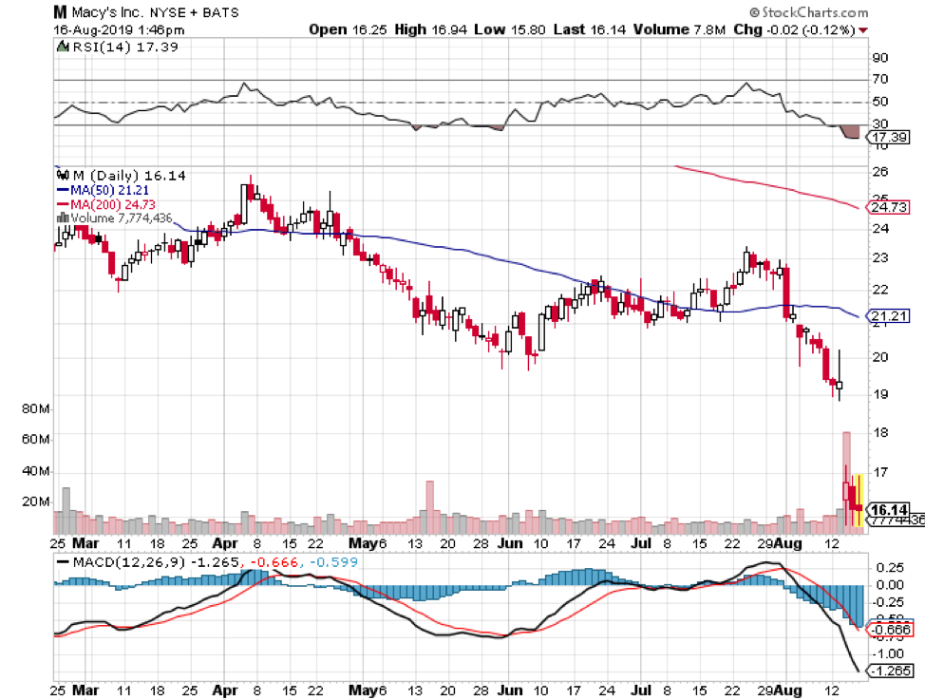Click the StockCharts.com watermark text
[x=813, y=12]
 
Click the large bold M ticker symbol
[x=60, y=13]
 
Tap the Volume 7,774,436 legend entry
[x=120, y=217]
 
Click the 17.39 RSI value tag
[x=887, y=138]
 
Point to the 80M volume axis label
[x=34, y=409]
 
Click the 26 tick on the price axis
[x=878, y=171]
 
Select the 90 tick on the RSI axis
[x=878, y=56]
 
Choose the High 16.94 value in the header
[x=426, y=29]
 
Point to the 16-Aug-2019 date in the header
[x=90, y=29]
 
